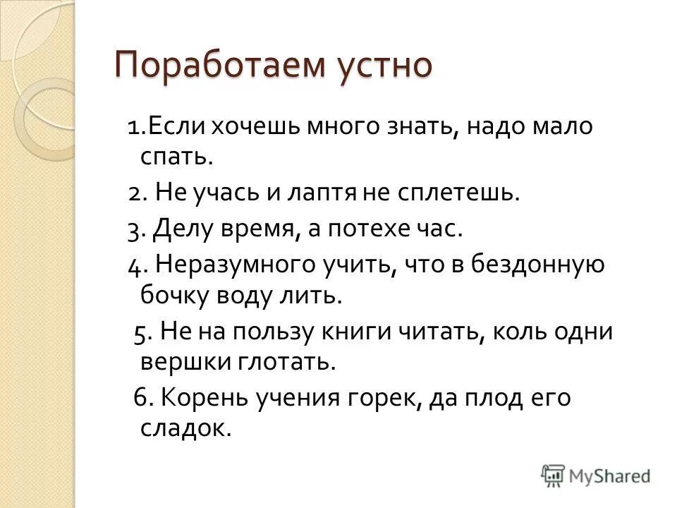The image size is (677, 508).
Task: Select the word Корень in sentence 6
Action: (x=202, y=397)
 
